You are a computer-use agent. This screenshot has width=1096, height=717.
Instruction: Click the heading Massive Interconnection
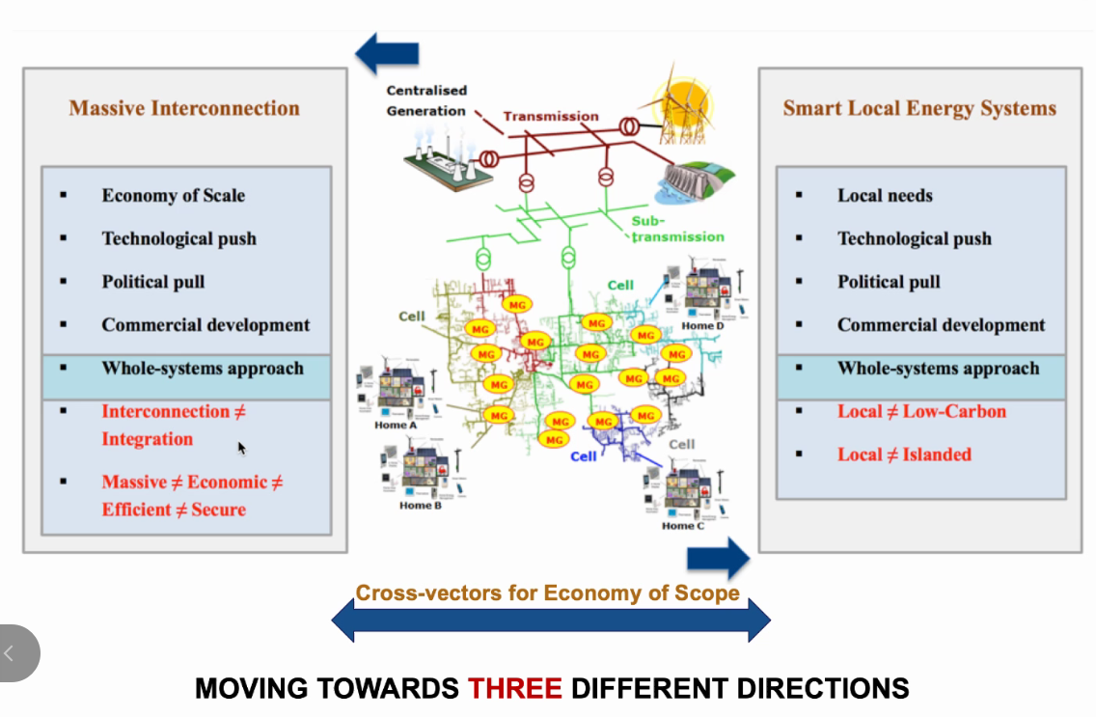(x=184, y=108)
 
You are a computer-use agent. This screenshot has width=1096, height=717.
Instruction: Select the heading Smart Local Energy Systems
(x=918, y=108)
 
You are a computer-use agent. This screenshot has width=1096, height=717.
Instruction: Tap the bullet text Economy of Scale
(x=174, y=195)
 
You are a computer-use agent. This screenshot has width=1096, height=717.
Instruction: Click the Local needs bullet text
(x=885, y=195)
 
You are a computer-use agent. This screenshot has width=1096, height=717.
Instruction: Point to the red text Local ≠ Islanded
(x=904, y=455)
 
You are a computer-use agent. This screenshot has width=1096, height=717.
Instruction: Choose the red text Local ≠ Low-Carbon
(x=921, y=411)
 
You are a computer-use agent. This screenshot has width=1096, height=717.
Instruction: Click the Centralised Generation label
(x=426, y=100)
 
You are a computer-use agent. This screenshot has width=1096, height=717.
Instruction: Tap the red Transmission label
(x=551, y=116)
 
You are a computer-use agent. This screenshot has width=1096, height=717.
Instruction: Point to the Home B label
(x=422, y=505)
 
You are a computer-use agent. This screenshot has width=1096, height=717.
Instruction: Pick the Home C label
(x=683, y=526)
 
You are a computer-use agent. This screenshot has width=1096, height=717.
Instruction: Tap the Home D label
(x=702, y=326)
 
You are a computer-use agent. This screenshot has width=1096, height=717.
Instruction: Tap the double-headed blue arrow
(x=551, y=620)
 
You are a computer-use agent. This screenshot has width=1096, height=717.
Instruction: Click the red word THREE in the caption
(x=514, y=689)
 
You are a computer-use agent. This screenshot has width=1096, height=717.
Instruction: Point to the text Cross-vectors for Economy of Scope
(x=547, y=593)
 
